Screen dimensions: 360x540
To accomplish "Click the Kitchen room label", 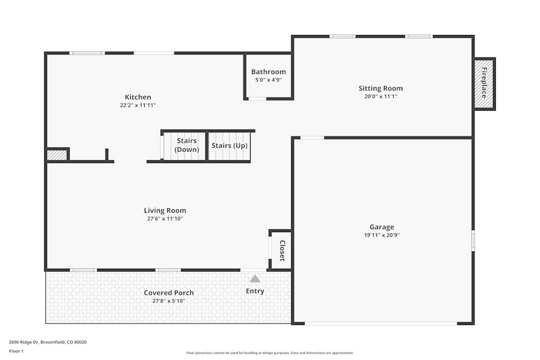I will coord(138,97).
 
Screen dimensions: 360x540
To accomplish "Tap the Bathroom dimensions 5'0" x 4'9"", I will coord(268,80).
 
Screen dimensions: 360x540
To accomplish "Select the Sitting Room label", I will coord(381,89).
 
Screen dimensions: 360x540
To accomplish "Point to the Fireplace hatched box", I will coord(484,83).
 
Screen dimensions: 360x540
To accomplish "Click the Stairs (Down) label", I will coord(186,145).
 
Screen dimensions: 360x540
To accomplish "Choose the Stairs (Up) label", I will coord(230,146).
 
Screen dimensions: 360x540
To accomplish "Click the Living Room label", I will coord(165,210).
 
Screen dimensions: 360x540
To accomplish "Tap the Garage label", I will coord(382,227).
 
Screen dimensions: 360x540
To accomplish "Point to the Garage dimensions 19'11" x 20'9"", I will coord(382,235).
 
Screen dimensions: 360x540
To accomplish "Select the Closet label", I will coord(281,250).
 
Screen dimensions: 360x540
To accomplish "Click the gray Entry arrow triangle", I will coord(255,279).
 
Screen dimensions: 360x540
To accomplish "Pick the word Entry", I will coord(255,291).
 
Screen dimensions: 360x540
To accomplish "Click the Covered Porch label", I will coord(168,293).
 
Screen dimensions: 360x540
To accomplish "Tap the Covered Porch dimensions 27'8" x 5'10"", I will coord(168,301).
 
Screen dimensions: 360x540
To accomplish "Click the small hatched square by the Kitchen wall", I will coord(57,155).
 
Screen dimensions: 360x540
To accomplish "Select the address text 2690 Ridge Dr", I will coord(27,342).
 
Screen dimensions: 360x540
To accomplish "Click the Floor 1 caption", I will coord(17,351).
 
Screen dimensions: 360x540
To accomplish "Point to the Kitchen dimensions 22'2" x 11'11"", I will coord(138,105).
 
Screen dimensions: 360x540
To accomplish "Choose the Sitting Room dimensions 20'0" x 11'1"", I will coord(381,97).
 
